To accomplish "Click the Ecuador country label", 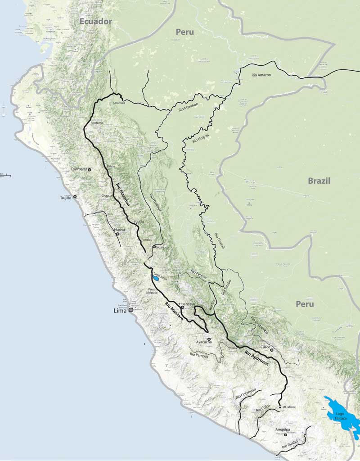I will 95,21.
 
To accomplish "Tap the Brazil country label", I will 319,181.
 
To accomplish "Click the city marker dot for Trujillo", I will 75,197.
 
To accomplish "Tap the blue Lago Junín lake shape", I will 155,278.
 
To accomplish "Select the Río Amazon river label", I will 261,75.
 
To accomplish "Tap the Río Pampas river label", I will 199,355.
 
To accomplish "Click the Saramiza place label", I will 119,103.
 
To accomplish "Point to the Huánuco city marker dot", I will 154,247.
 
